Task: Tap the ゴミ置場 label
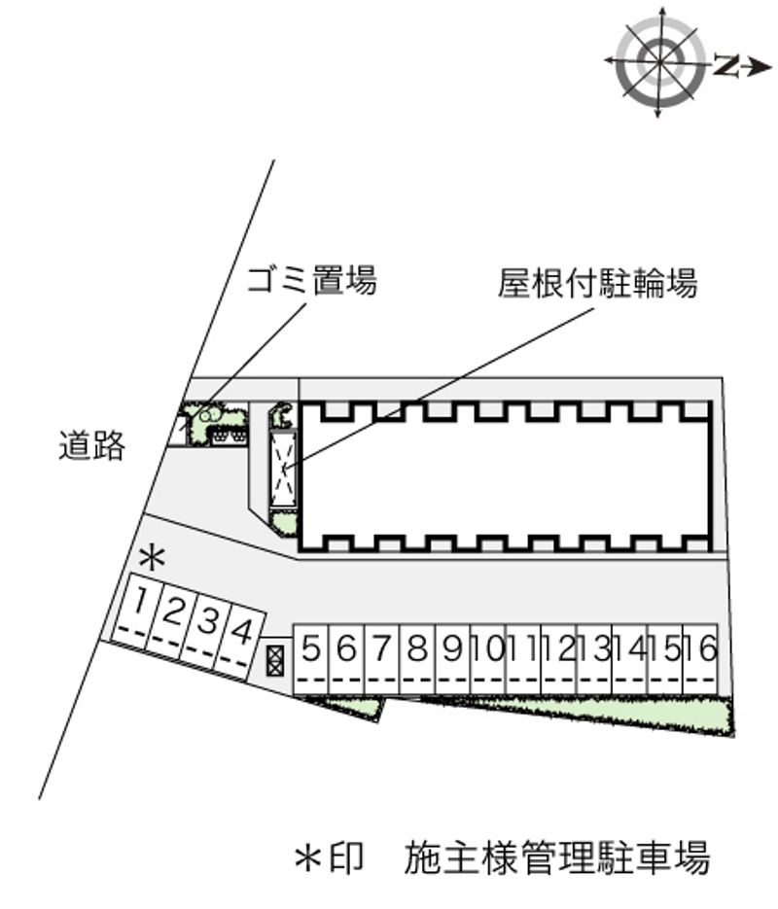tap(311, 280)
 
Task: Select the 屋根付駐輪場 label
tap(597, 283)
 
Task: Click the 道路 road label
tap(91, 445)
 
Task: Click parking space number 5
tap(311, 659)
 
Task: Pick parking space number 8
tap(417, 659)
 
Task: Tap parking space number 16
tap(700, 659)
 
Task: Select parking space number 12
tap(559, 659)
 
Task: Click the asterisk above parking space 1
tap(153, 558)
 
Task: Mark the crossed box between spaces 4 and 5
tap(275, 659)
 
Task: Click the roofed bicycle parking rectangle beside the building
tap(284, 469)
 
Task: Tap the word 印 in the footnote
tap(346, 857)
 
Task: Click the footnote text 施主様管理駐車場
tap(556, 857)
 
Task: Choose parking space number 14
tap(629, 659)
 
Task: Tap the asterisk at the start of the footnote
tap(308, 857)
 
